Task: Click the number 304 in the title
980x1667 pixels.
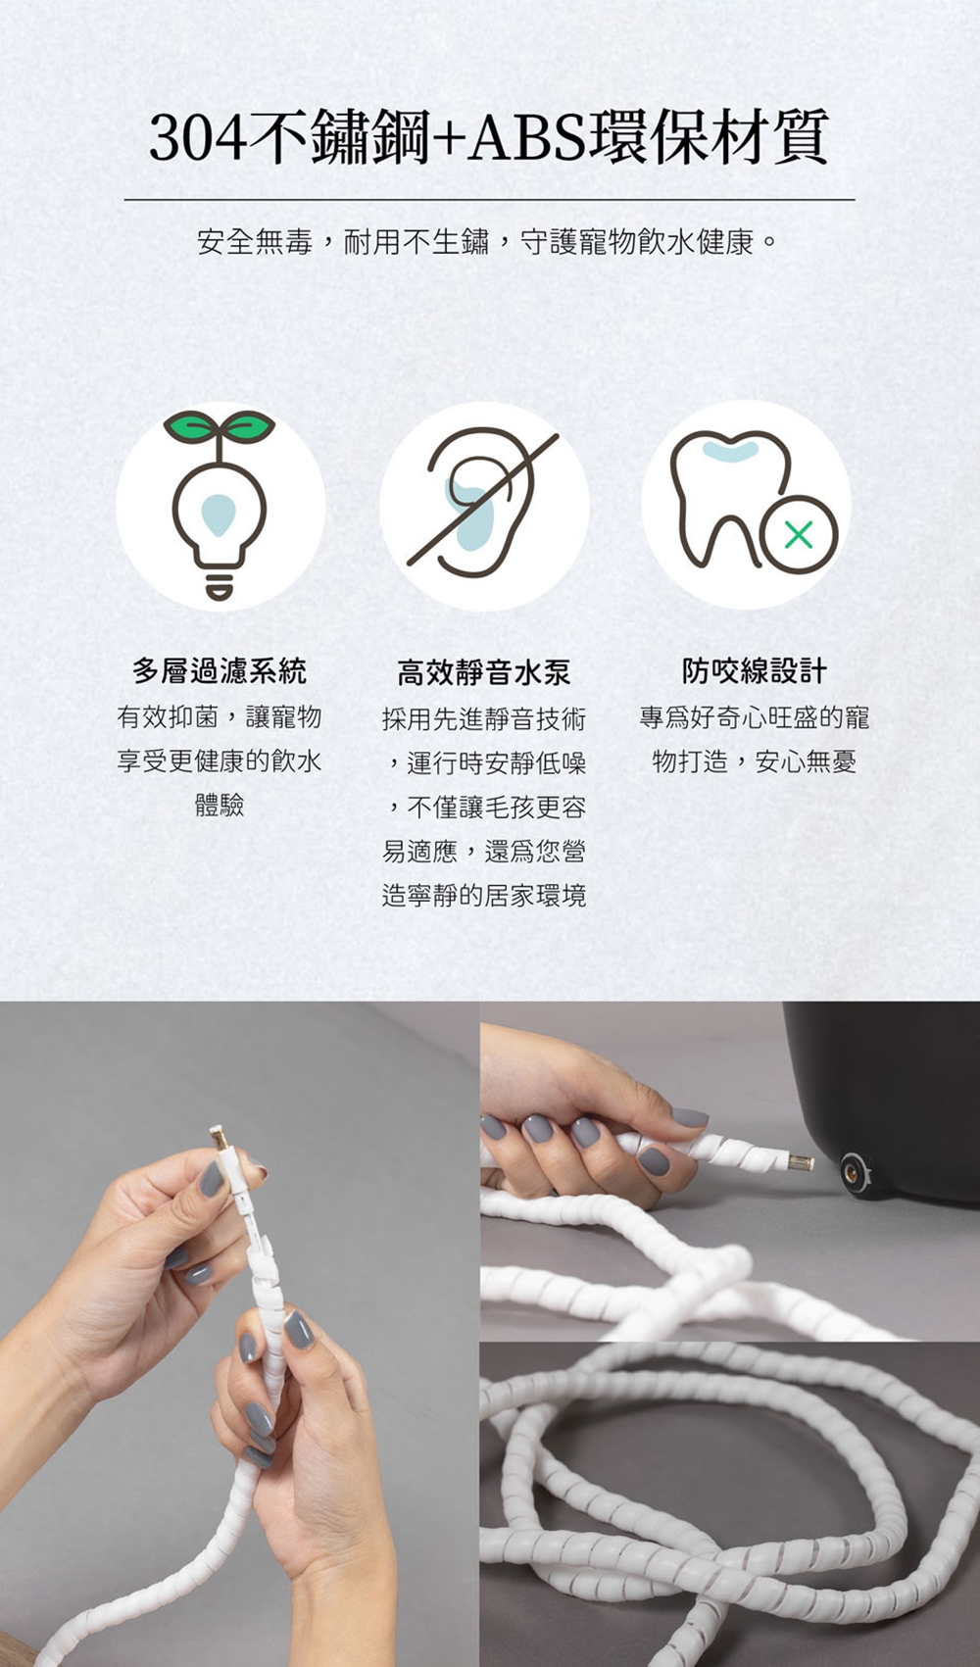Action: [197, 137]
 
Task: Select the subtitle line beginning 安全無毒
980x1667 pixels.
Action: [488, 242]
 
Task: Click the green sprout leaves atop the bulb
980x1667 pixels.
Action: [220, 426]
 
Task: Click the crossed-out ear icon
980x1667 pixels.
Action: [484, 503]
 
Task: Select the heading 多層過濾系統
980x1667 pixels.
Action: [220, 670]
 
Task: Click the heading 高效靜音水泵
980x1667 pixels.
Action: [484, 672]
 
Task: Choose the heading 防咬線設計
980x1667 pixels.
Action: [755, 670]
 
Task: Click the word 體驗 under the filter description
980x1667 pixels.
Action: [220, 806]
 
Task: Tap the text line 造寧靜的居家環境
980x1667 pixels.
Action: [484, 895]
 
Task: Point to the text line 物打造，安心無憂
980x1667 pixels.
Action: [755, 761]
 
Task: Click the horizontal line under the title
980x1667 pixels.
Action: [490, 200]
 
